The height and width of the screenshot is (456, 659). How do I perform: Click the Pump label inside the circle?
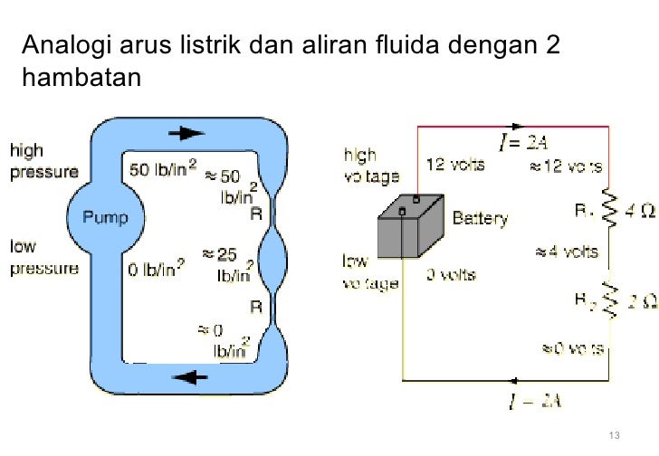(x=106, y=217)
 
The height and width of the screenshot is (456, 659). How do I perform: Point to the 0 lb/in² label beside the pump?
(x=159, y=269)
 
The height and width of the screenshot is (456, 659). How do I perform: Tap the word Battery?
(x=479, y=218)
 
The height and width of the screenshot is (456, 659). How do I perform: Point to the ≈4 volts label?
(x=568, y=252)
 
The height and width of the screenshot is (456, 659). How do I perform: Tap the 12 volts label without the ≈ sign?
(x=454, y=165)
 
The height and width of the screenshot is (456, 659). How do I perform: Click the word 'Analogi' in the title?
(x=62, y=44)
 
